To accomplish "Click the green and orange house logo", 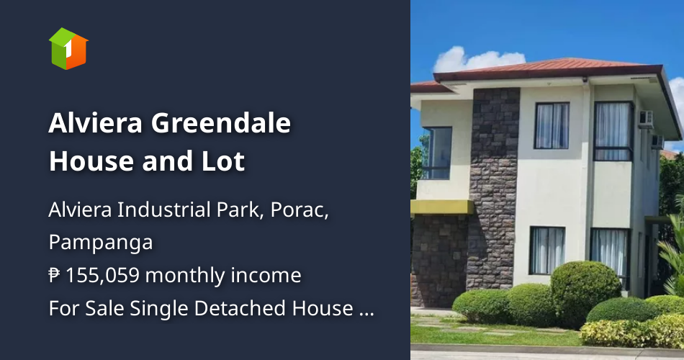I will (x=68, y=49).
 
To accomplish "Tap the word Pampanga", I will (x=100, y=243).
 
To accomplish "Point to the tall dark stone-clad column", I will (x=494, y=187).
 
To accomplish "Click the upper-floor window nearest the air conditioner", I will (x=613, y=130).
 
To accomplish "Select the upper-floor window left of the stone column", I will (x=437, y=153).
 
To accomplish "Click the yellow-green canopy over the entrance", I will (x=440, y=207).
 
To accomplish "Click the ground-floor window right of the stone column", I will (x=547, y=250).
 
